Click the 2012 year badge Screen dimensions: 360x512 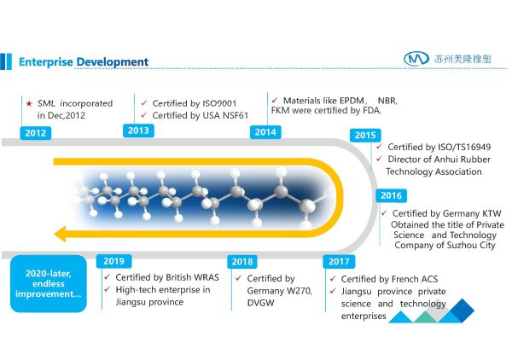click(x=37, y=133)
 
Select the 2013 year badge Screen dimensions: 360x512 click(x=137, y=131)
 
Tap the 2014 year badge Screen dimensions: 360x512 click(x=265, y=131)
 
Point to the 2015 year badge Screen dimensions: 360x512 click(x=365, y=135)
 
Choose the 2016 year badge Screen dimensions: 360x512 click(x=391, y=195)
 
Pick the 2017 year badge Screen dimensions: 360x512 click(x=340, y=262)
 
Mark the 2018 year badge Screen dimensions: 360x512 click(x=243, y=262)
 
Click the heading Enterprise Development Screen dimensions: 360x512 click(x=84, y=61)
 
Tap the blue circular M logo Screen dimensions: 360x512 click(x=416, y=58)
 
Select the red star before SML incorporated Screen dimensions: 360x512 click(x=28, y=102)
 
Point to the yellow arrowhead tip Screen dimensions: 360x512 click(x=56, y=232)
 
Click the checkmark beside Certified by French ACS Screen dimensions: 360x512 click(x=332, y=279)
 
